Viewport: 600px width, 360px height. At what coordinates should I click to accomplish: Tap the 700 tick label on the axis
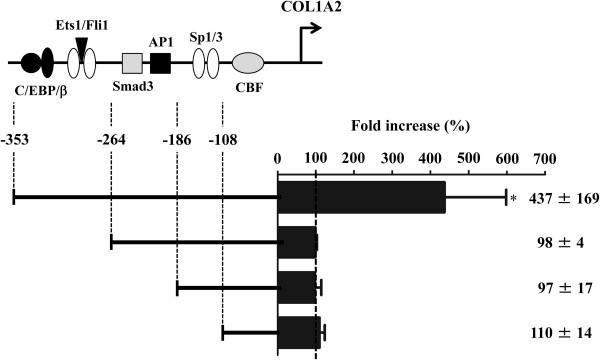[x=544, y=158]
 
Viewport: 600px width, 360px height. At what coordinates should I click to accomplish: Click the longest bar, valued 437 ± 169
[x=361, y=198]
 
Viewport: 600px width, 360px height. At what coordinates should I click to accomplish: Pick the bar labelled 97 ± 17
[x=297, y=287]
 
